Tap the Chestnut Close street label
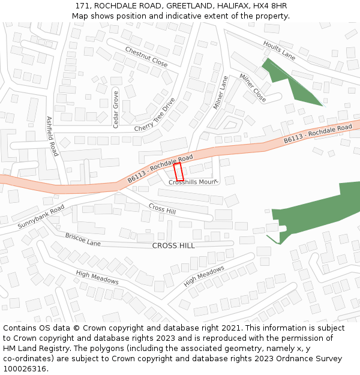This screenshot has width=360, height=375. pyautogui.click(x=146, y=56)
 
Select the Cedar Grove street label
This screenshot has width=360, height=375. pyautogui.click(x=116, y=109)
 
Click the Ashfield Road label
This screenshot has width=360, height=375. pyautogui.click(x=52, y=136)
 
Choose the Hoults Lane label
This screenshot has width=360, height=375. pyautogui.click(x=280, y=50)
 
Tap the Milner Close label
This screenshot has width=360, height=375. pyautogui.click(x=253, y=87)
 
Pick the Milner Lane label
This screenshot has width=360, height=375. pyautogui.click(x=221, y=92)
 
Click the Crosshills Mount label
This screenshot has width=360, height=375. pyautogui.click(x=192, y=182)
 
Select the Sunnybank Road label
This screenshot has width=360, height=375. pyautogui.click(x=41, y=216)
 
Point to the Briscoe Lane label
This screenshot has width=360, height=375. pyautogui.click(x=83, y=240)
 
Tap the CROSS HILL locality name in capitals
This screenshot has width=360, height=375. pyautogui.click(x=173, y=245)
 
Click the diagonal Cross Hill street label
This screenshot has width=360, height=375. pyautogui.click(x=162, y=209)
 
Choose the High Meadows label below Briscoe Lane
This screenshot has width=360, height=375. pyautogui.click(x=97, y=277)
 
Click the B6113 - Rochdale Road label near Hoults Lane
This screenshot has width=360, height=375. pyautogui.click(x=317, y=134)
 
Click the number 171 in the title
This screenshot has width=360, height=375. pyautogui.click(x=82, y=6)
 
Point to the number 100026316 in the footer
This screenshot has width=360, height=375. pyautogui.click(x=24, y=369)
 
